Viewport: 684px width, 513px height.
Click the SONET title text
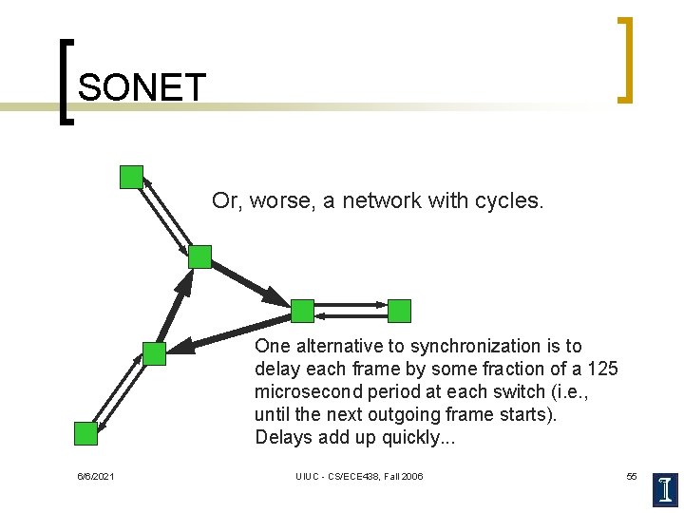[142, 88]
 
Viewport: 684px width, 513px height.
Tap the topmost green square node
[131, 177]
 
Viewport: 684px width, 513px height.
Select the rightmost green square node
[400, 311]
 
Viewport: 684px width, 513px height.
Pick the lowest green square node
[86, 433]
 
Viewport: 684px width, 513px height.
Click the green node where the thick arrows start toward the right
[199, 256]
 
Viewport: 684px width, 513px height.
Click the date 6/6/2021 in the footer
[96, 476]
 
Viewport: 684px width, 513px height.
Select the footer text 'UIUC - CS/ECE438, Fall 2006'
[359, 476]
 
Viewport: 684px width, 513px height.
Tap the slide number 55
[632, 476]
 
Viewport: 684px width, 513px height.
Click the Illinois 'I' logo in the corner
[666, 488]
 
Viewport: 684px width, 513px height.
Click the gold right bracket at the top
[624, 59]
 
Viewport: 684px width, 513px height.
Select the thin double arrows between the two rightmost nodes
[351, 310]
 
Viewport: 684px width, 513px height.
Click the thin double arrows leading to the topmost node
[164, 216]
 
